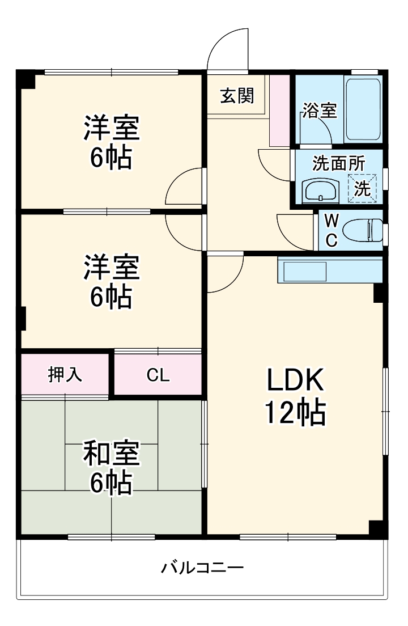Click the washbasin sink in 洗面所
(321, 191)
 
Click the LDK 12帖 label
(295, 397)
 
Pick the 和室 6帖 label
(111, 467)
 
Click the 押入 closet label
(65, 375)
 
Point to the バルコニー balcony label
(203, 567)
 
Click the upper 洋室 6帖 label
(111, 142)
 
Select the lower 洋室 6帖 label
(111, 281)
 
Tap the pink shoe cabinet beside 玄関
(279, 110)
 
